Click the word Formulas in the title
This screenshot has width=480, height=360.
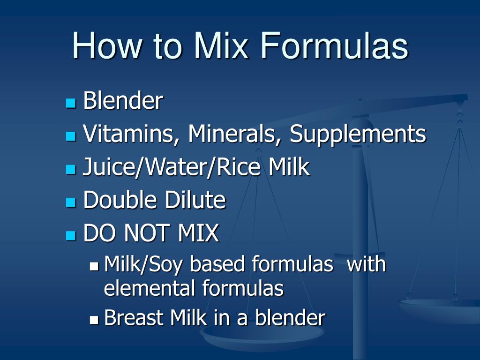pos(334,46)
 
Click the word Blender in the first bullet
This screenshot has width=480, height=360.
pos(123,101)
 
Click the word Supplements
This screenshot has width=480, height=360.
pos(358,134)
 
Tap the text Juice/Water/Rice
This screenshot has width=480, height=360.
pos(162,167)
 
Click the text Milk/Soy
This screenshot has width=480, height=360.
pos(144,264)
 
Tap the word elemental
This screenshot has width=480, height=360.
pos(150,288)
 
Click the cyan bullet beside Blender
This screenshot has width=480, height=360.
pos(71,103)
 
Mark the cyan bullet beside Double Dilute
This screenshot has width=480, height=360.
pos(71,202)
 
